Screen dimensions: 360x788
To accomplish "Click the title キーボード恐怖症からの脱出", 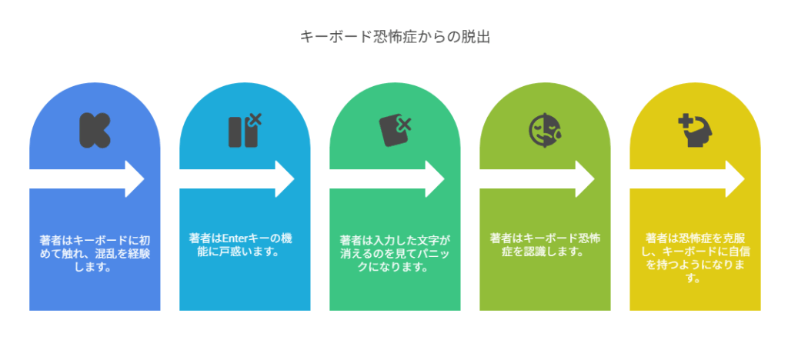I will pos(394,37).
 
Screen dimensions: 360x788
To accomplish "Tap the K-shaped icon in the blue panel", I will pos(94,130).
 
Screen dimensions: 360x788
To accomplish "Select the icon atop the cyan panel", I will pos(244,130).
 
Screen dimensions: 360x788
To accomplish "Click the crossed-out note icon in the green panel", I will pos(394,130).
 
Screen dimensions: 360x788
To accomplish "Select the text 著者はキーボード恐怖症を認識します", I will pos(545,245).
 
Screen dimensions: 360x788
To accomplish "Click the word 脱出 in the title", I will pos(474,37).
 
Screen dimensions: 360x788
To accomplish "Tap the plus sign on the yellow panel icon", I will pos(683,121).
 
